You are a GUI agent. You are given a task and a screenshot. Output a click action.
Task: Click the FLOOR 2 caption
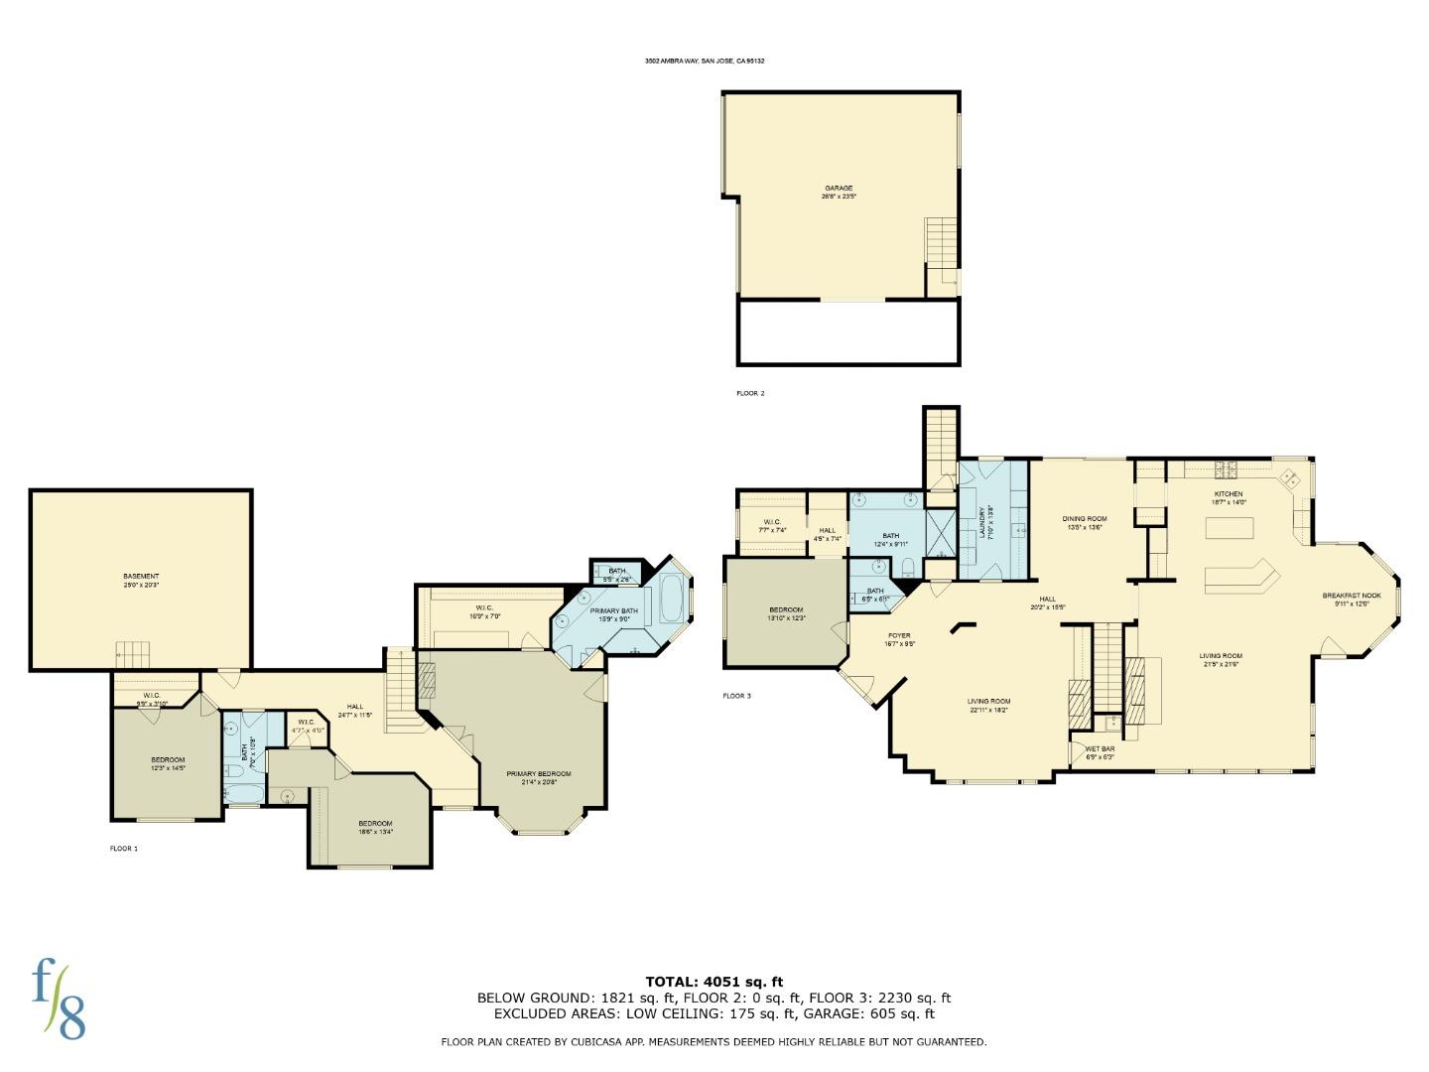pos(750,394)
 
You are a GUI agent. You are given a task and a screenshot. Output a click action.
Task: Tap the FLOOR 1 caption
pos(124,849)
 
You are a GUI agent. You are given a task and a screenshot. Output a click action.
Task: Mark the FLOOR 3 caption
pos(736,696)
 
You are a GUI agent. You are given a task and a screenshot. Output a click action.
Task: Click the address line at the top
pos(705,61)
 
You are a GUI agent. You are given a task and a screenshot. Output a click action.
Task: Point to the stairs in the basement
pos(132,654)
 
